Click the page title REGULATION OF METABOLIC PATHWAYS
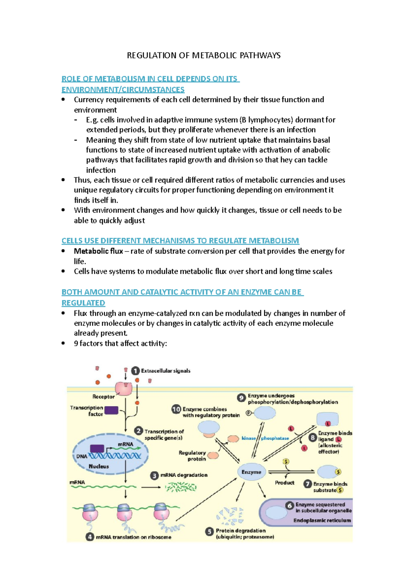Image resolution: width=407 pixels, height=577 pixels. [203, 55]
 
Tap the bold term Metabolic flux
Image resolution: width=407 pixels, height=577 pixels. [98, 251]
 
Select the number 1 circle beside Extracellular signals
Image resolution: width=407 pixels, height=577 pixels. [135, 371]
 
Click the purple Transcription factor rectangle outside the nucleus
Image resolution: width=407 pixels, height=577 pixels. [111, 410]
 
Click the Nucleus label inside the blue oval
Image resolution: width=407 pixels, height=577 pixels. [99, 466]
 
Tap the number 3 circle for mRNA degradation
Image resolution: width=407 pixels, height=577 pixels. [154, 475]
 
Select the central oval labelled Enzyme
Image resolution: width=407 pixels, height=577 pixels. [251, 472]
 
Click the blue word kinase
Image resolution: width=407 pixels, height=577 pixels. [249, 438]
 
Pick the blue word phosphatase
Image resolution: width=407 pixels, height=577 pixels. [275, 438]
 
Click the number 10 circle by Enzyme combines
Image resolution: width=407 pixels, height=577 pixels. [176, 409]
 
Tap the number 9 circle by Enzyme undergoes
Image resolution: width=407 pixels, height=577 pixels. [241, 398]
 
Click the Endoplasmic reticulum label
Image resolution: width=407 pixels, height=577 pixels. [322, 520]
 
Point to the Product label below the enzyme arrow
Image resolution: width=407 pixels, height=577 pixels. [285, 483]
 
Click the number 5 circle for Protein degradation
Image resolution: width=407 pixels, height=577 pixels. [210, 531]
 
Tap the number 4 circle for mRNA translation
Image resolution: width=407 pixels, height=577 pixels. [90, 537]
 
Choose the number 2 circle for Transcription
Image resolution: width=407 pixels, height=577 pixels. [138, 431]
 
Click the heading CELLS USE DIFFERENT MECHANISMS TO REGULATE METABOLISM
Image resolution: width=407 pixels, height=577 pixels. [180, 241]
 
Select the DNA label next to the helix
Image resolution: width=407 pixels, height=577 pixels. [82, 456]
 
